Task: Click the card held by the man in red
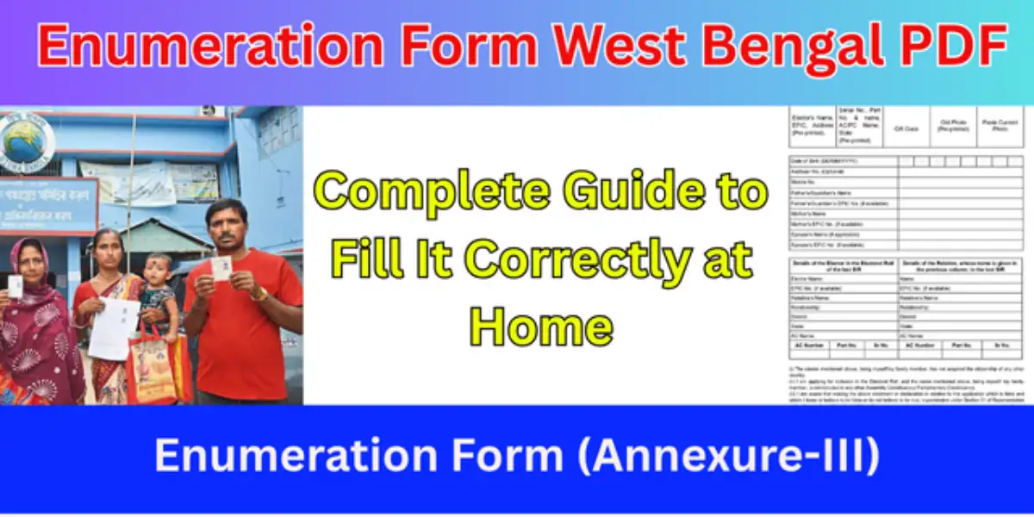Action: (221, 267)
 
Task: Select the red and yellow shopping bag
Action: (153, 366)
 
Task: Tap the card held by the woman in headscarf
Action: (15, 287)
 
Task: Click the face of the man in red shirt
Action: (227, 226)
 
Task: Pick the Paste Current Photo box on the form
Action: (1000, 128)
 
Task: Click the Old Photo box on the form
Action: (953, 128)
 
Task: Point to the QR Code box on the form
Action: (906, 128)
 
